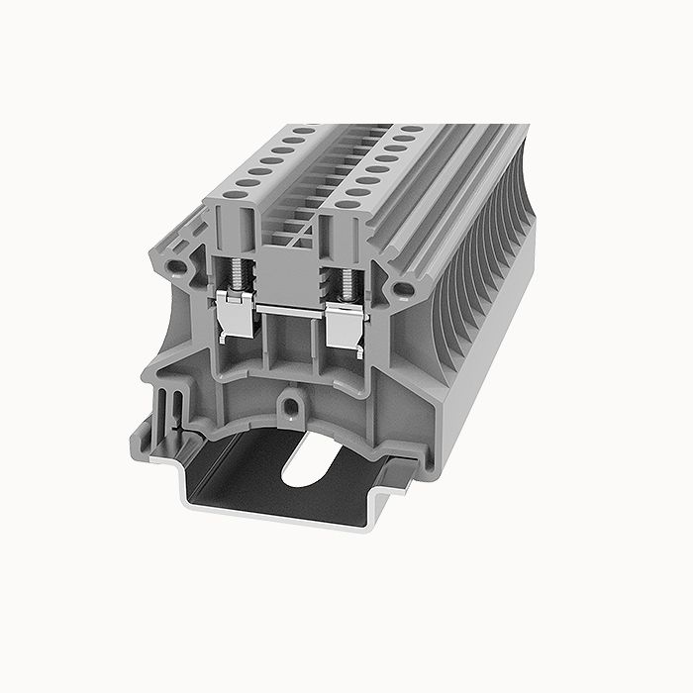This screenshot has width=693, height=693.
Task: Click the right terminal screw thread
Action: (346, 278)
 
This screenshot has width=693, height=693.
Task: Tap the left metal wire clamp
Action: (234, 315)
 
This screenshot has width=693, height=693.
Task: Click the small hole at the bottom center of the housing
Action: (290, 404)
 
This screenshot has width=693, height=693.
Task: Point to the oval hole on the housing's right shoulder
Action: (402, 288)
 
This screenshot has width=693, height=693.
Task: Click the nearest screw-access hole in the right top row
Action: (346, 205)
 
